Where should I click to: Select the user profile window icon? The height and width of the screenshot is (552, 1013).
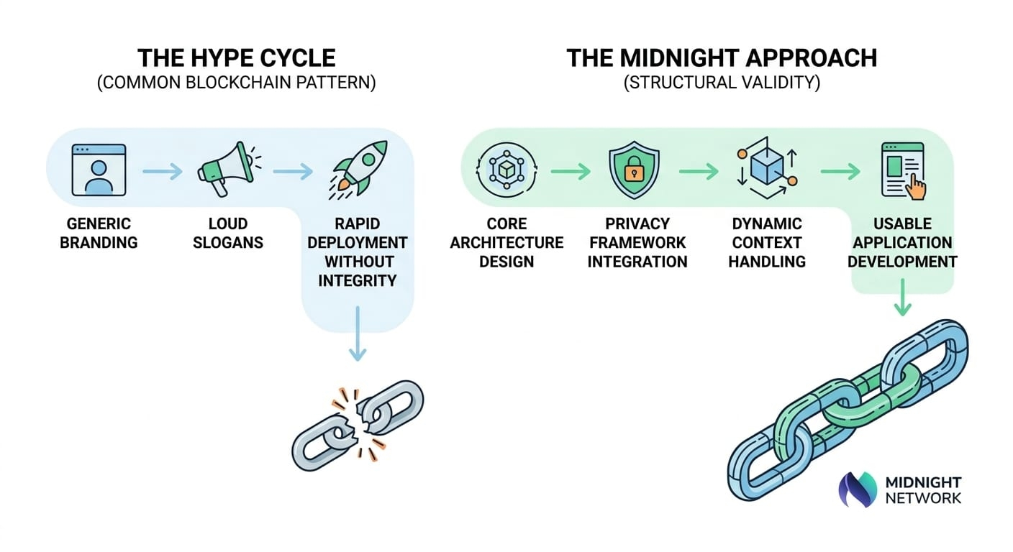click(99, 170)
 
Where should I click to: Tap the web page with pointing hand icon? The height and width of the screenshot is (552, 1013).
click(903, 170)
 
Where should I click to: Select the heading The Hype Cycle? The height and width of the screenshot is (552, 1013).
click(236, 57)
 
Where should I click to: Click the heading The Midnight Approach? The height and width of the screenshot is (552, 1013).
click(722, 57)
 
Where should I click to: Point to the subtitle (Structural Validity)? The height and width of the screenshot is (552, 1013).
click(722, 83)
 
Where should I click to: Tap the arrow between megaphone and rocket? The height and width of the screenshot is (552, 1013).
click(292, 172)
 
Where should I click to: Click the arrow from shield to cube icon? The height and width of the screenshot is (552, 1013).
click(699, 171)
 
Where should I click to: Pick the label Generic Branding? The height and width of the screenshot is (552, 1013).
click(99, 233)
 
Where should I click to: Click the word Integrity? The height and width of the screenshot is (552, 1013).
click(357, 280)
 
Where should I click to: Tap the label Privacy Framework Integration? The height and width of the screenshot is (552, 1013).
click(637, 242)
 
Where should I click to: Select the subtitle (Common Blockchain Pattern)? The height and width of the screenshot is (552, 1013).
click(236, 83)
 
